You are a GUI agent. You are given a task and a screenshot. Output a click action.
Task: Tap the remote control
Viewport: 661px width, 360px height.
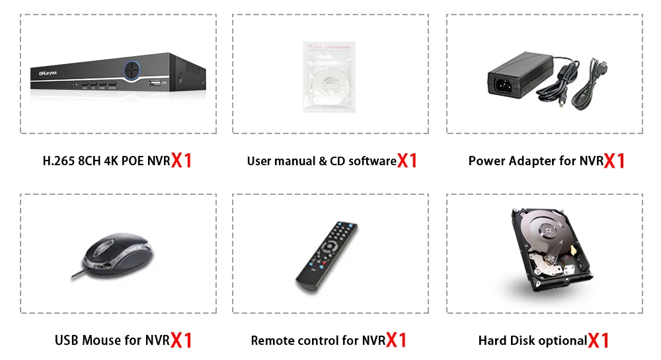[x=327, y=256]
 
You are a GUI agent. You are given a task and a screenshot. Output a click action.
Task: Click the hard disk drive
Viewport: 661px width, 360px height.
[x=544, y=252]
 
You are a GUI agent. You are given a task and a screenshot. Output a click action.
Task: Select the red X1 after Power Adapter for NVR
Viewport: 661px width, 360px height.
[x=615, y=161]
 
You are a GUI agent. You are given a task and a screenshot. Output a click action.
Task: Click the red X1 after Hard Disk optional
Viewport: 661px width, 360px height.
[x=599, y=341]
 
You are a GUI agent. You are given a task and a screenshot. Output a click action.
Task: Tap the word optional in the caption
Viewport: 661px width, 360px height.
[x=562, y=341]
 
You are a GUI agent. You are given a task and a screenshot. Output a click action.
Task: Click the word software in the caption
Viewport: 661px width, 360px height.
[x=372, y=161]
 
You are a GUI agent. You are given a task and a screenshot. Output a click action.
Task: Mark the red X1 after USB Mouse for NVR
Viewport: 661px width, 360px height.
[x=181, y=341]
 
